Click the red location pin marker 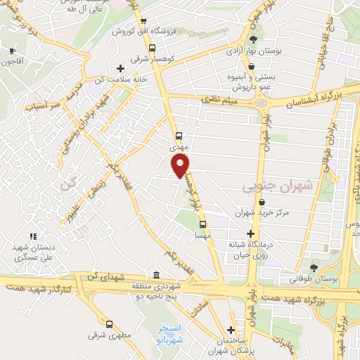pyautogui.click(x=181, y=165)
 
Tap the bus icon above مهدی pyautogui.click(x=178, y=136)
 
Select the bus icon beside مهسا pyautogui.click(x=202, y=225)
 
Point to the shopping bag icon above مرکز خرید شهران pyautogui.click(x=262, y=202)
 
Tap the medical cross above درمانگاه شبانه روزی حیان pyautogui.click(x=251, y=233)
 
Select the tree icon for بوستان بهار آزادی pyautogui.click(x=253, y=39)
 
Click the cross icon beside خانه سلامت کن pyautogui.click(x=121, y=68)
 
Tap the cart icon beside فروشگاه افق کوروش pyautogui.click(x=143, y=21)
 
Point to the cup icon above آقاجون pyautogui.click(x=12, y=51)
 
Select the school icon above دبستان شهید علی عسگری pyautogui.click(x=32, y=236)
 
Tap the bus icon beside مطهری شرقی pyautogui.click(x=109, y=324)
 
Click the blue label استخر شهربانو pyautogui.click(x=172, y=333)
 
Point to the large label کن pyautogui.click(x=67, y=185)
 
